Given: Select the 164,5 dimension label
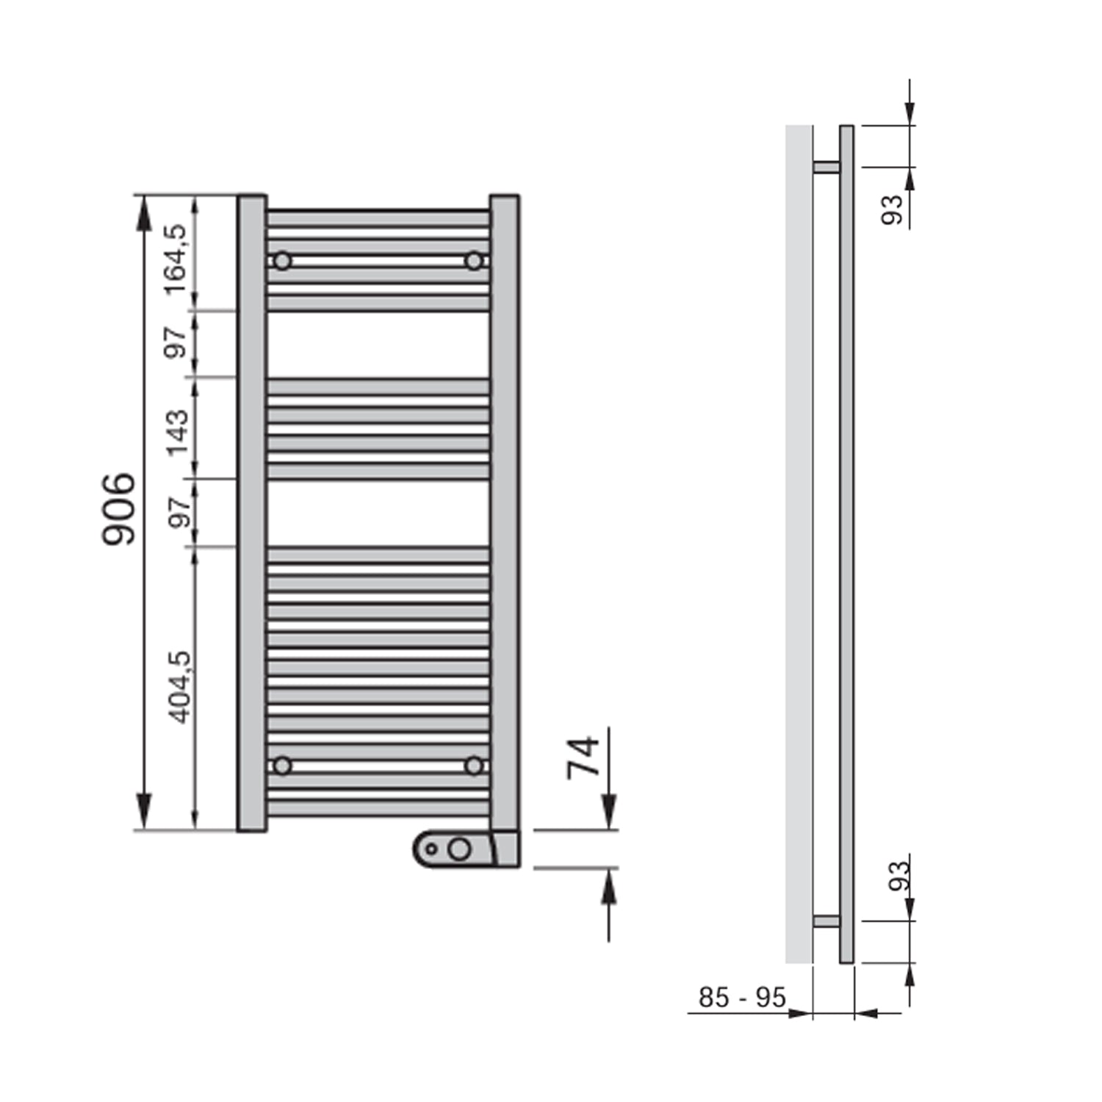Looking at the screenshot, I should pos(176,260).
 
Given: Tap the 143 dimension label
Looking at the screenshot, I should pos(178,433).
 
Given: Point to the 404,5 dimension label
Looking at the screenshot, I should pos(179,687).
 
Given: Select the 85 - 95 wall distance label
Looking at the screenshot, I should pos(742,998).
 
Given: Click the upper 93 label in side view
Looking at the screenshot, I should pos(892,209).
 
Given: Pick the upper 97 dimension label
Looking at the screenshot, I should pos(176,343).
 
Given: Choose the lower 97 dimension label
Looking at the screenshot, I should pos(179,513).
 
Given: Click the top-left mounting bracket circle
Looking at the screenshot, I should pos(282,261).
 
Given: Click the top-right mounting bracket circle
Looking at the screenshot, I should pos(474,261).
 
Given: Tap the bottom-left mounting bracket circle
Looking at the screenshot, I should pos(282,766).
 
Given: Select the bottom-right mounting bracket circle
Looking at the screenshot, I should pos(474,766).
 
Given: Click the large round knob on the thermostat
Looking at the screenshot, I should pos(459,849).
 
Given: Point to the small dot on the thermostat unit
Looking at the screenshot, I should pos(431,849).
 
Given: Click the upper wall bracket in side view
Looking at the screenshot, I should pos(826,167).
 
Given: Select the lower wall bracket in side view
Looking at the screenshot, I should pos(826,921).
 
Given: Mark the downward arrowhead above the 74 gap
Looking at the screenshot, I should pos(609,813).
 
